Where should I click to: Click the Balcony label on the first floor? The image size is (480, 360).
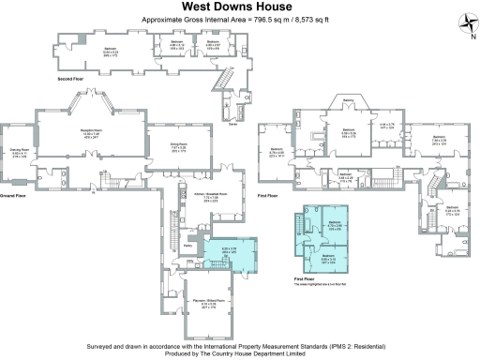(347, 100)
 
